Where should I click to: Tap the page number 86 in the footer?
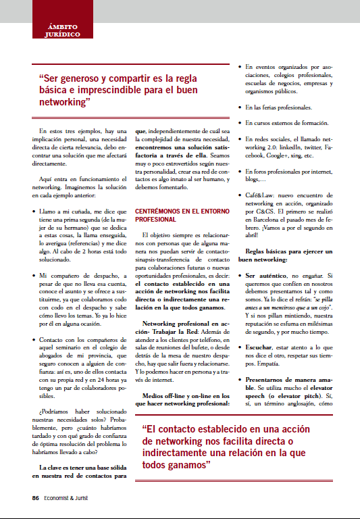(x=35, y=499)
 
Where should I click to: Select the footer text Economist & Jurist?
(x=71, y=499)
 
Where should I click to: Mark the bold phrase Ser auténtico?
(x=269, y=276)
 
